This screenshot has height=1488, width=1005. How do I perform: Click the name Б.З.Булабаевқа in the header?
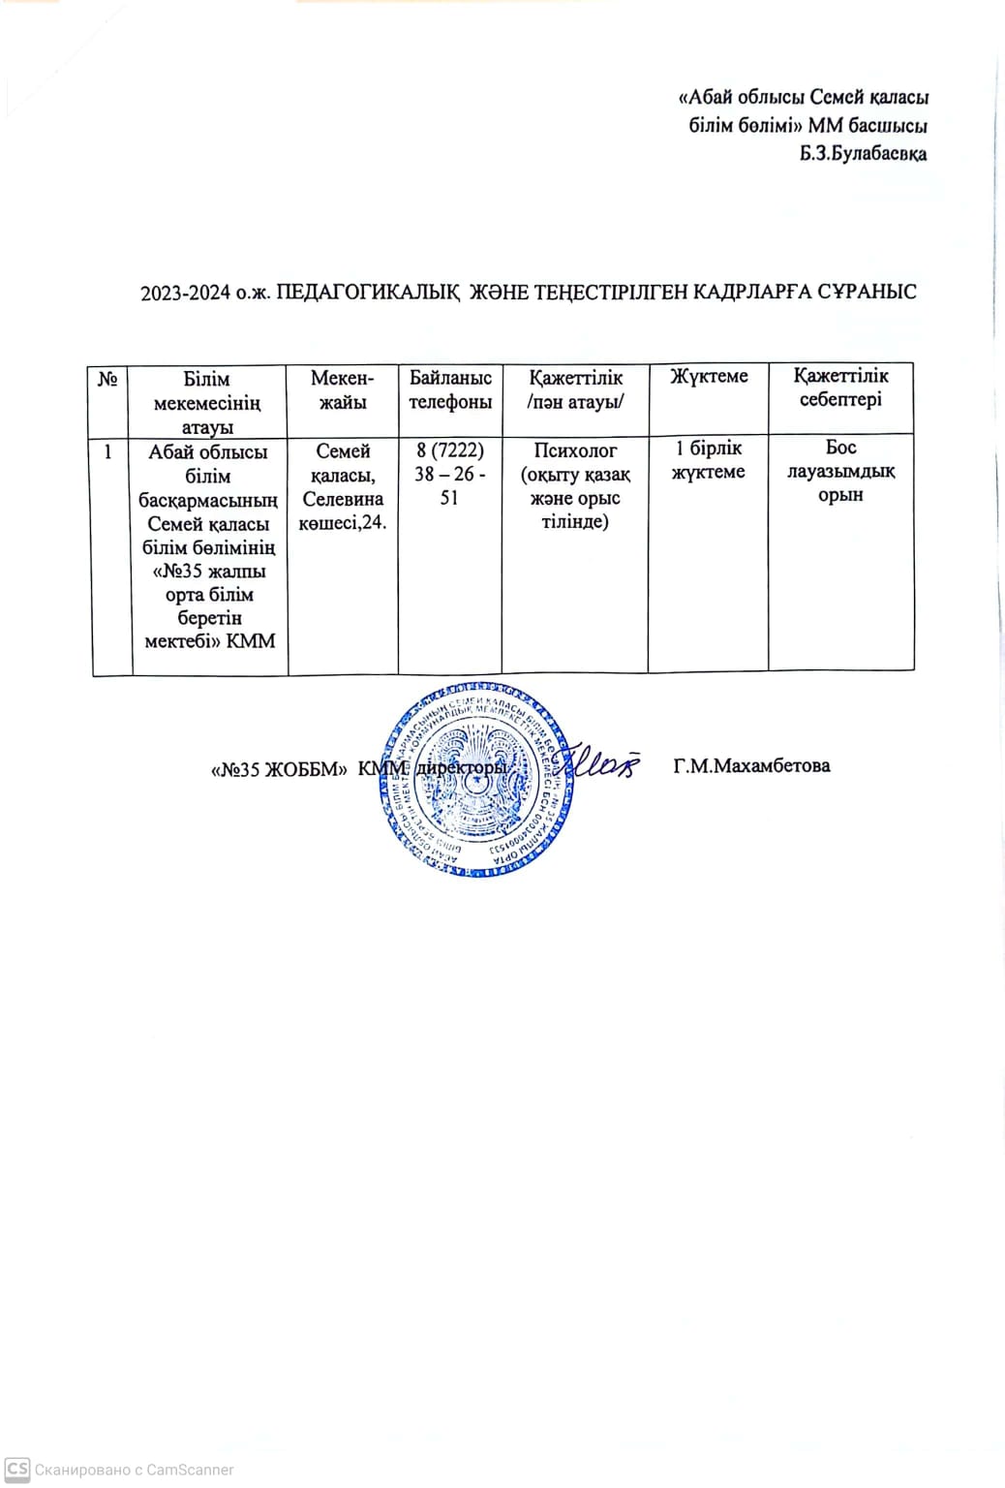point(863,153)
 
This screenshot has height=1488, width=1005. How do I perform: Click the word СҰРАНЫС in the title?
point(868,292)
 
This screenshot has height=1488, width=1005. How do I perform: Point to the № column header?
point(108,379)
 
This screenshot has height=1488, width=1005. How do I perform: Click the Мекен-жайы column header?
point(343,389)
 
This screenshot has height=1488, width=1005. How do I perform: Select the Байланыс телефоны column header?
point(450,389)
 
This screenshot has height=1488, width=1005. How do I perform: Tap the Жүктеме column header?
point(709,376)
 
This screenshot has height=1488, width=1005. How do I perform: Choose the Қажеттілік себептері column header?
point(840,387)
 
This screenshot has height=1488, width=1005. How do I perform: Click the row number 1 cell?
point(109,451)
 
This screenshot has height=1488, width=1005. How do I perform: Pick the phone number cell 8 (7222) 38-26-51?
point(450,474)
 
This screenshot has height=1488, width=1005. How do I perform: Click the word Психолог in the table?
point(575,450)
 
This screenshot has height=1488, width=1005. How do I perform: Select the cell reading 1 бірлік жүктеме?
point(709,459)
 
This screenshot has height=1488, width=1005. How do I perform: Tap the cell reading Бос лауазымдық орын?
point(840,471)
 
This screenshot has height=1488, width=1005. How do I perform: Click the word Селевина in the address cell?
point(343,499)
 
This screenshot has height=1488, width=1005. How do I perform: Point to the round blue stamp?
point(474,780)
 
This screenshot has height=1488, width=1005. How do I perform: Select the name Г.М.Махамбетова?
point(751,765)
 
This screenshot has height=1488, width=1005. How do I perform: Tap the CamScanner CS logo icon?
point(17,1469)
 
